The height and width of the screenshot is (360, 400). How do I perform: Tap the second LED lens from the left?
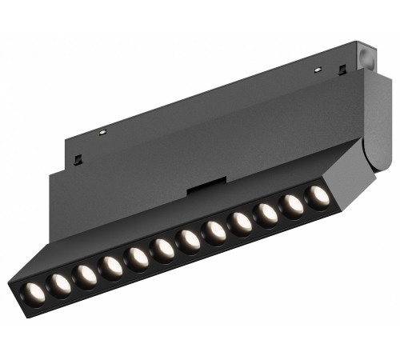(x=59, y=282)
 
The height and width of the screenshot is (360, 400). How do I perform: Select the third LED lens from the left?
(x=86, y=275)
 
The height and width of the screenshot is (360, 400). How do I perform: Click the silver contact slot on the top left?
(x=102, y=131)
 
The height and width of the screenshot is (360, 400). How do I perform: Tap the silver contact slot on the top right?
(x=318, y=69)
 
